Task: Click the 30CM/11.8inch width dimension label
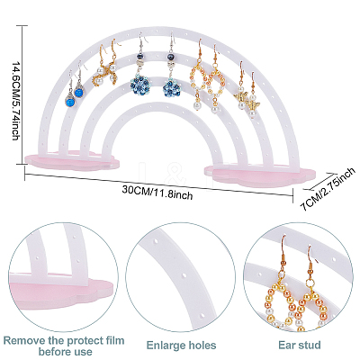[157, 193]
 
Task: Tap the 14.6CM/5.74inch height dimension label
[15, 101]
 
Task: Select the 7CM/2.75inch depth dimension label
[328, 190]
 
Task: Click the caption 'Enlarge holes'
[181, 346]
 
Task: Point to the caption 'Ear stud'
[300, 345]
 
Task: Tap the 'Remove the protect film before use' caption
[64, 346]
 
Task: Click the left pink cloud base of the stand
[72, 160]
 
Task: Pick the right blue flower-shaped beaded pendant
[171, 86]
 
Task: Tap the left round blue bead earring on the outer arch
[70, 100]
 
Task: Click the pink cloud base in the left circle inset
[60, 293]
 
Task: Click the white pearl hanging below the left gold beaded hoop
[197, 105]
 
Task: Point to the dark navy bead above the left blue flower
[139, 57]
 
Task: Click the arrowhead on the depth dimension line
[331, 174]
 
